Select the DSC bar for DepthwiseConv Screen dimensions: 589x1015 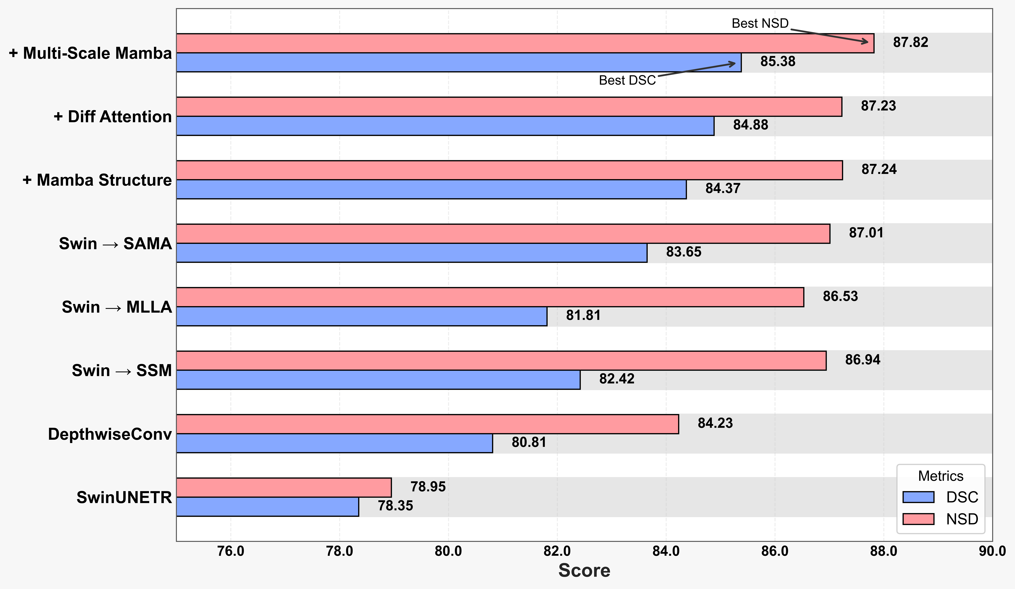pyautogui.click(x=334, y=443)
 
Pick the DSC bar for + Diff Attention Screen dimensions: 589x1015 pyautogui.click(x=445, y=126)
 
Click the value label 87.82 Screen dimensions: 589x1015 pyautogui.click(x=910, y=42)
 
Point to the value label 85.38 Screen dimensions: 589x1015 pyautogui.click(x=777, y=62)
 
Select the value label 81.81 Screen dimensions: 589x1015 pyautogui.click(x=583, y=315)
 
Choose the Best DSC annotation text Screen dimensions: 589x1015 pyautogui.click(x=627, y=81)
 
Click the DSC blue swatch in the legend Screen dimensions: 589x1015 pyautogui.click(x=918, y=497)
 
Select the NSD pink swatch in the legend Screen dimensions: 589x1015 pyautogui.click(x=918, y=519)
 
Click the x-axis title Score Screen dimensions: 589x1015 pyautogui.click(x=584, y=570)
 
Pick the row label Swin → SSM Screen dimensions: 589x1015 pyautogui.click(x=122, y=370)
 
